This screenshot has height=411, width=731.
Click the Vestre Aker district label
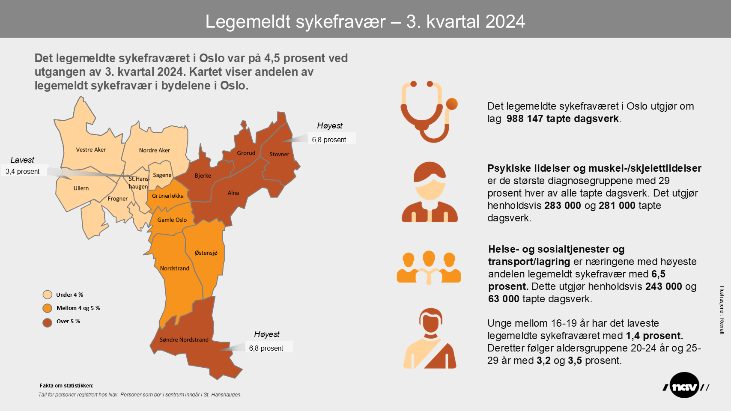click(x=91, y=150)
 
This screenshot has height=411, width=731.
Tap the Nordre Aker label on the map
click(x=154, y=150)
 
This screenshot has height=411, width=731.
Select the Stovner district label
click(x=279, y=154)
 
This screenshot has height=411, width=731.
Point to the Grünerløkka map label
click(x=167, y=196)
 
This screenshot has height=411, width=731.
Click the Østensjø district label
click(x=206, y=253)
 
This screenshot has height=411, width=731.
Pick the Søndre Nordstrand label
click(x=184, y=340)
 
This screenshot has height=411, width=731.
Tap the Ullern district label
click(x=81, y=188)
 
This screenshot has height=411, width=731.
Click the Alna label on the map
click(x=233, y=193)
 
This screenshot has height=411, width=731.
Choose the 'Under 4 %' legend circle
click(x=48, y=295)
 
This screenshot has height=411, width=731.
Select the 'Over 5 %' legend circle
click(x=48, y=322)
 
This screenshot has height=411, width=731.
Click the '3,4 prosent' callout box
click(x=23, y=171)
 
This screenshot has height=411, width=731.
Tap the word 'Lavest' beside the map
click(x=22, y=160)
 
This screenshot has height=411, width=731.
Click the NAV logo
click(x=685, y=386)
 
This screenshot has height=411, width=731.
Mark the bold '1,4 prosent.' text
click(x=654, y=336)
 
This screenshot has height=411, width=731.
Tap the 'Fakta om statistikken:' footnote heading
click(x=66, y=386)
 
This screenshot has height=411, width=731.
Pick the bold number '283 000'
click(x=562, y=205)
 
